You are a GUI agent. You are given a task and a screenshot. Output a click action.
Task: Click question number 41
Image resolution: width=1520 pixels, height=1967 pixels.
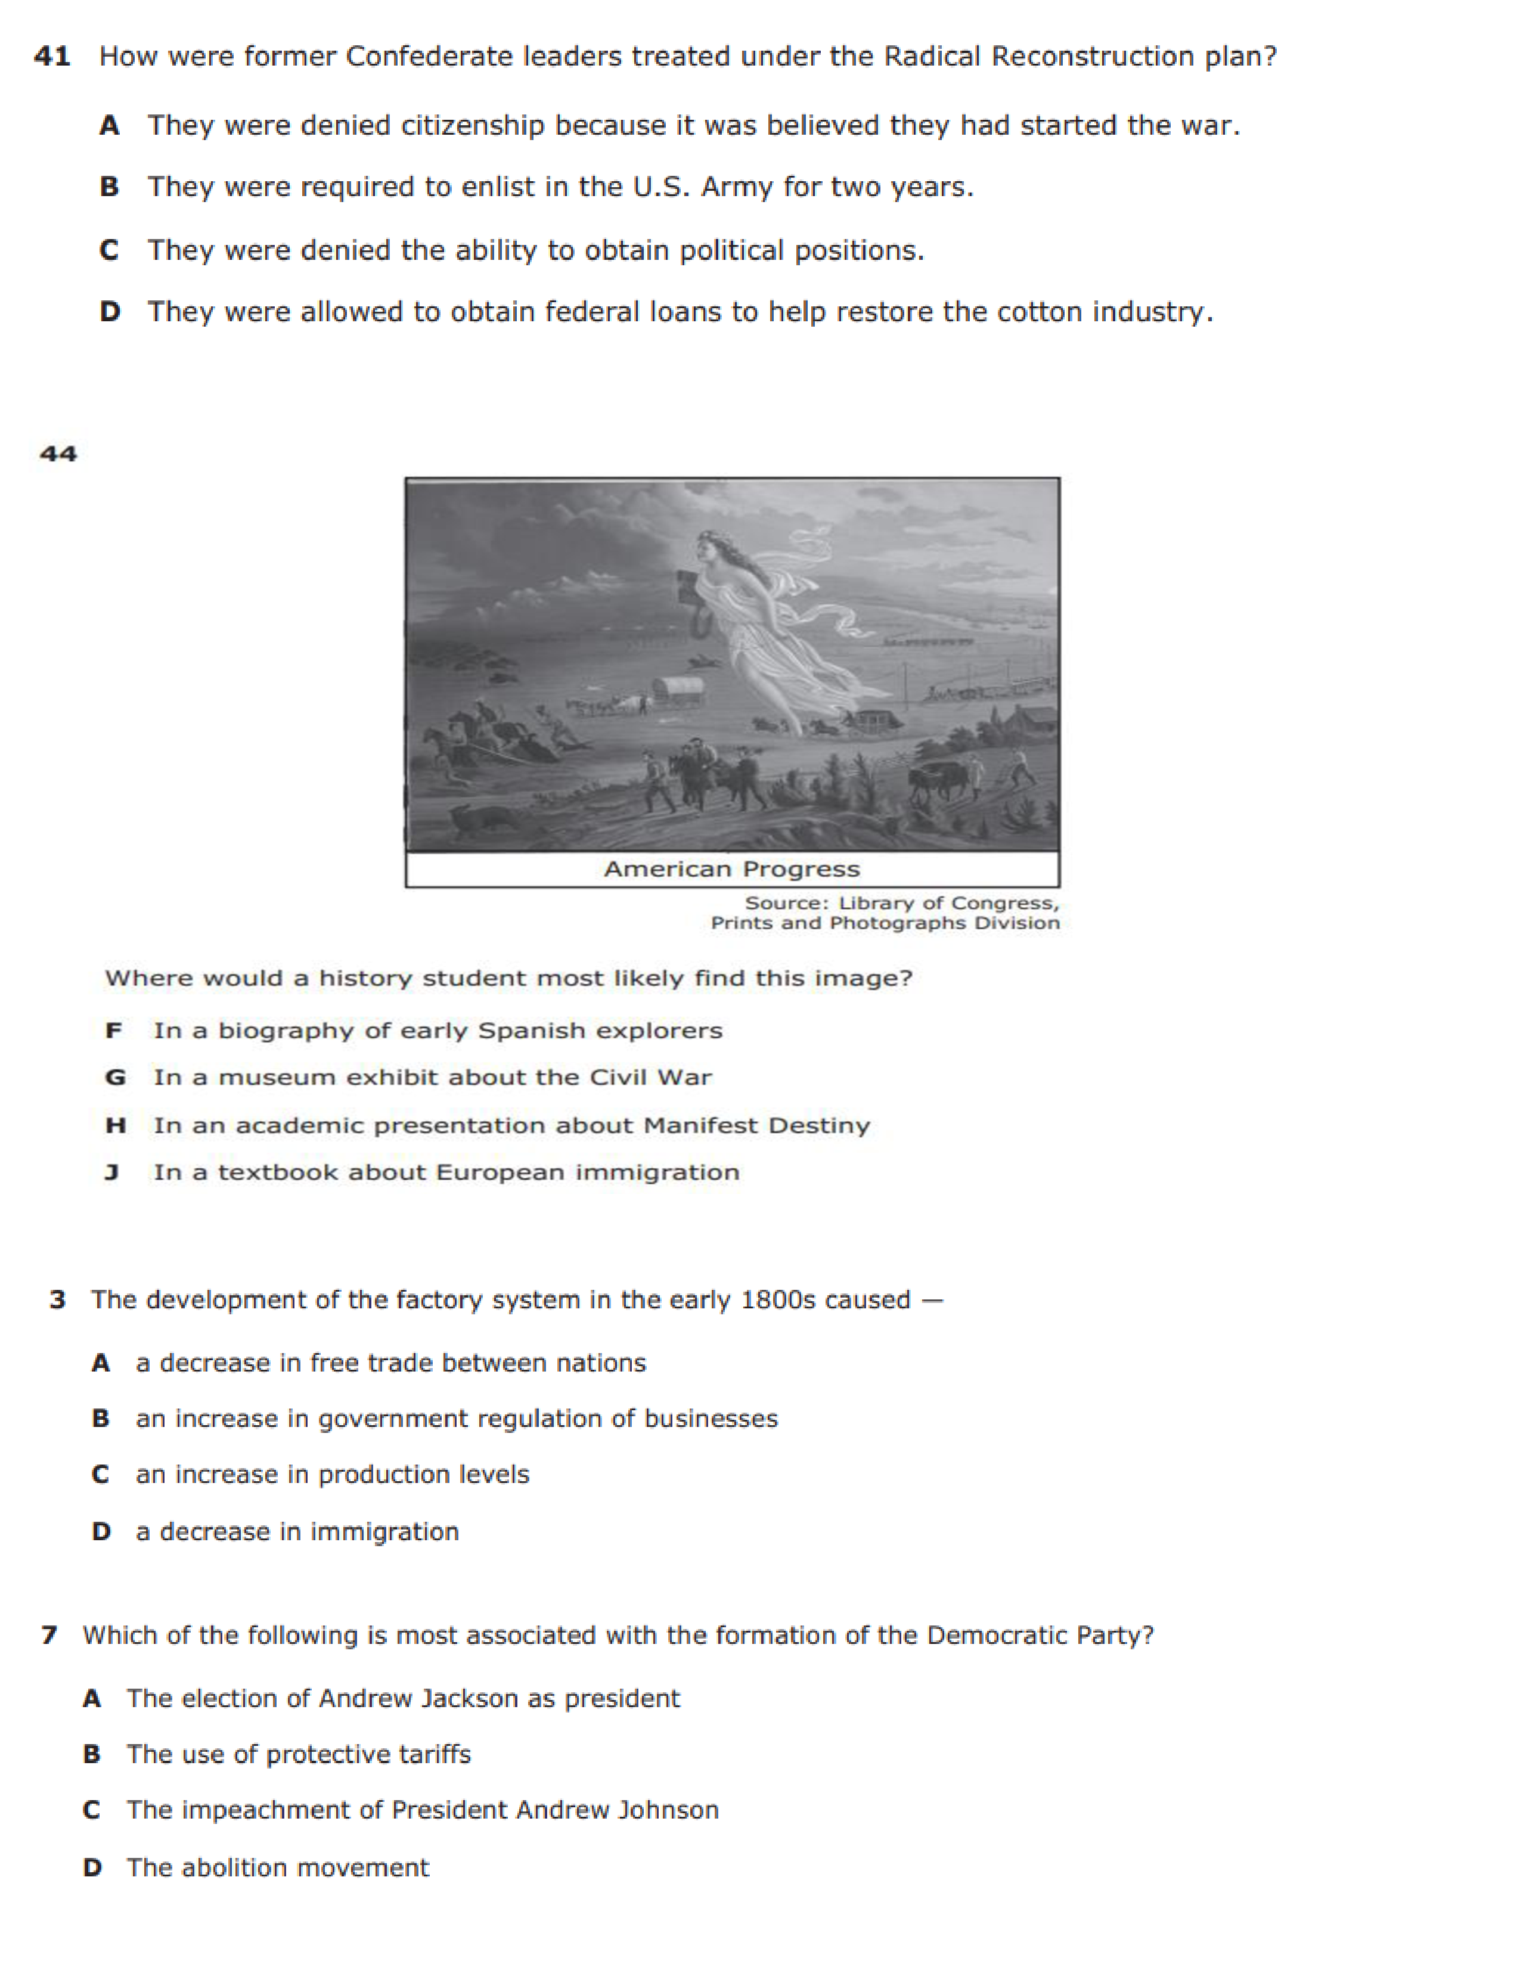52,57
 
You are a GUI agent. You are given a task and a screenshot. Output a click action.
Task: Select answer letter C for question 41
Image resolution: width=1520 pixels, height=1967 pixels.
109,250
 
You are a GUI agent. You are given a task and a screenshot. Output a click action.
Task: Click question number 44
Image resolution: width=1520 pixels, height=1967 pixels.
58,453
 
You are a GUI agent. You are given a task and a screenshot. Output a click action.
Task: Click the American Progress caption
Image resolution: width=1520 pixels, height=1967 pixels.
731,869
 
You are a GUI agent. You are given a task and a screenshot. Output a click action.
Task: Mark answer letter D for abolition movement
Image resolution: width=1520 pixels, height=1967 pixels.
92,1868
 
